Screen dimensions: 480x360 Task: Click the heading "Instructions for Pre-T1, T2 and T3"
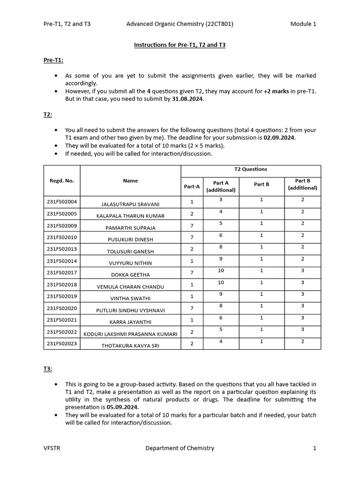[x=180, y=45]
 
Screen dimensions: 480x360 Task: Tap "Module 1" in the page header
[x=303, y=24]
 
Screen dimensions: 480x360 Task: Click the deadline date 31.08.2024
[x=188, y=99]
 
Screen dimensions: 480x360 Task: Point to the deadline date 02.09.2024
[x=279, y=138]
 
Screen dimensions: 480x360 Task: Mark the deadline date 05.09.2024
[x=123, y=407]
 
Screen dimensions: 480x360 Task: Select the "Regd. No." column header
[x=62, y=180]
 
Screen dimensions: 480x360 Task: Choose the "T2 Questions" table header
[x=251, y=169]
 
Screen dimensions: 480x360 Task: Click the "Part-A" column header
[x=192, y=186]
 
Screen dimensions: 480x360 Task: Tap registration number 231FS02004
[x=62, y=202]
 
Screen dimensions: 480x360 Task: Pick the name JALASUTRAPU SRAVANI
[x=130, y=204]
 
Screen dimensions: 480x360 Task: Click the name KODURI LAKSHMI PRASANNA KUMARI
[x=130, y=334]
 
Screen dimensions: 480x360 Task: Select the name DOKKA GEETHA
[x=130, y=275]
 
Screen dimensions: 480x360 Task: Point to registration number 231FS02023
[x=62, y=343]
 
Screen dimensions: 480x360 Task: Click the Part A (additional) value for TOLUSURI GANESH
[x=221, y=247]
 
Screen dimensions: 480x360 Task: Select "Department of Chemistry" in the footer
[x=180, y=448]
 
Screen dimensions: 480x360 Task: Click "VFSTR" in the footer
[x=52, y=448]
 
